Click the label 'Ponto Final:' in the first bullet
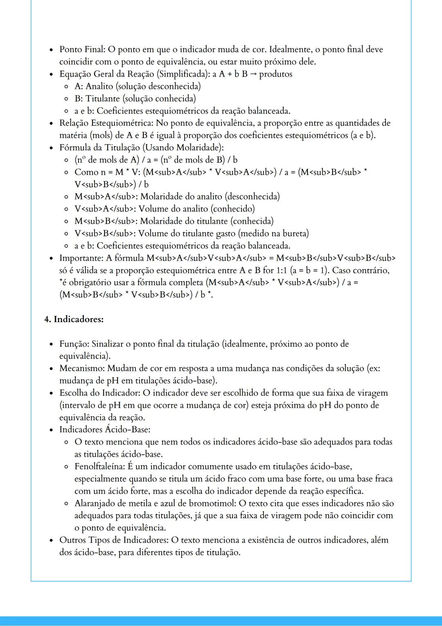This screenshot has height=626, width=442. (82, 50)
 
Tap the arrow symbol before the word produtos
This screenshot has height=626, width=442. (253, 74)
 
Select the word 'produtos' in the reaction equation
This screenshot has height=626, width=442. (275, 74)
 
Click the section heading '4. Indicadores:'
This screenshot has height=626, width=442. (74, 319)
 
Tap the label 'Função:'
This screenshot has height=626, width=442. (74, 344)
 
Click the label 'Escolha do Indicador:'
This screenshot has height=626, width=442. (100, 393)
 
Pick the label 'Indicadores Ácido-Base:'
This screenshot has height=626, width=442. (105, 430)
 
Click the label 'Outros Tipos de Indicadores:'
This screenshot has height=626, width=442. (114, 540)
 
